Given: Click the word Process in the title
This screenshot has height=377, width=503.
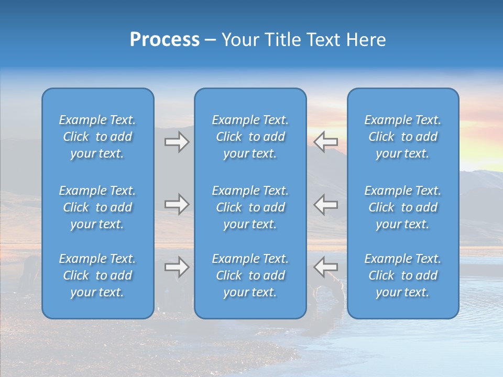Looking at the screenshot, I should pos(165,40).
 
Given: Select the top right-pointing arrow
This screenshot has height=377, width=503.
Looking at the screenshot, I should pos(177,142).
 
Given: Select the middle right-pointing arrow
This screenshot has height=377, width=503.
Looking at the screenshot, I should pos(177,204).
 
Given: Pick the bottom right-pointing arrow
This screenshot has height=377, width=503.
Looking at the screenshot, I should pos(177,267).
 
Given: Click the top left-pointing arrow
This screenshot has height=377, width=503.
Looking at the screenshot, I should pos(326,142).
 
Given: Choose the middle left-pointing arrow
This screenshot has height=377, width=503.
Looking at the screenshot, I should pos(326,204).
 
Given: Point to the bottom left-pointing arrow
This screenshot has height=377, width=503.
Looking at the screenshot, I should pos(326,267).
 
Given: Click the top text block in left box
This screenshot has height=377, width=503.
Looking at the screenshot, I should pos(97,137).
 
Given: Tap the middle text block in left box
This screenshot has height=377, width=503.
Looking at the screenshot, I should pos(97,207).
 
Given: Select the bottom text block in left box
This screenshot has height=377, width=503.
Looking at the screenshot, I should pos(97,275).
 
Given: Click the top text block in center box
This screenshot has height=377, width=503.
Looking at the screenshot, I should pos(250,137).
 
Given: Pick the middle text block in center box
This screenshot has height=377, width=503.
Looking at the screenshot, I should pos(250,207).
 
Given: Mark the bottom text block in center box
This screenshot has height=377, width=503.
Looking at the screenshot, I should pos(250,275).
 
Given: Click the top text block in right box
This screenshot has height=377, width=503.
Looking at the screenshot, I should pos(402,137).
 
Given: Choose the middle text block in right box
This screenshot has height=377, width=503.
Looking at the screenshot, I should pos(402,207).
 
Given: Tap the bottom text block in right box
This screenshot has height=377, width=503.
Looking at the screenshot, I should pos(402,275).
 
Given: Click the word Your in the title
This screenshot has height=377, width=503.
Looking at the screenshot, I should pos(240,40).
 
